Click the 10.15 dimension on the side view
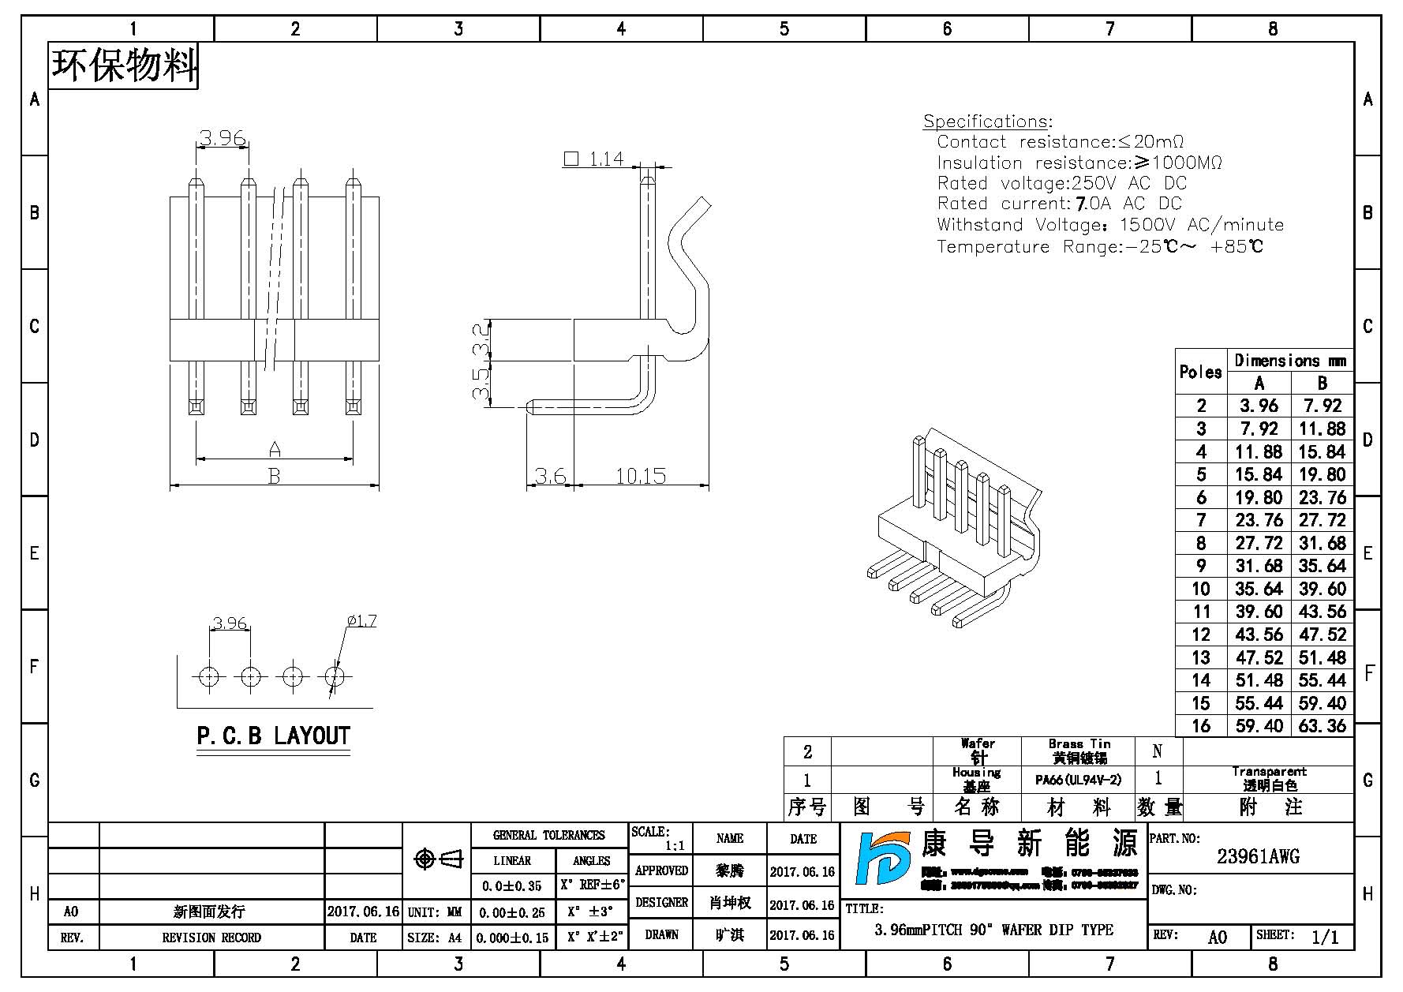(641, 476)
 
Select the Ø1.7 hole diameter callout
(361, 621)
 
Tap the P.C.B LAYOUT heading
(273, 736)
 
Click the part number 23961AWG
(1258, 856)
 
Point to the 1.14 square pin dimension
(606, 159)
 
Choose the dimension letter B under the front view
(274, 477)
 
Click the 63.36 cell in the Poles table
(1323, 725)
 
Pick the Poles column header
(1200, 372)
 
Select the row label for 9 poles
(1201, 566)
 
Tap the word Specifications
(986, 122)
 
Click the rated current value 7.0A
(1093, 204)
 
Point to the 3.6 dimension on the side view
(550, 476)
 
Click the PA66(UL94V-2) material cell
(1078, 780)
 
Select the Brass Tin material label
(1079, 744)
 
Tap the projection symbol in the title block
(438, 859)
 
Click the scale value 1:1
(674, 845)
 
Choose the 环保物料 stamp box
(124, 66)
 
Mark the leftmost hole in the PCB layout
(209, 676)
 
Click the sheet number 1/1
(1325, 937)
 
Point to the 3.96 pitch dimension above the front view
(223, 138)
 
